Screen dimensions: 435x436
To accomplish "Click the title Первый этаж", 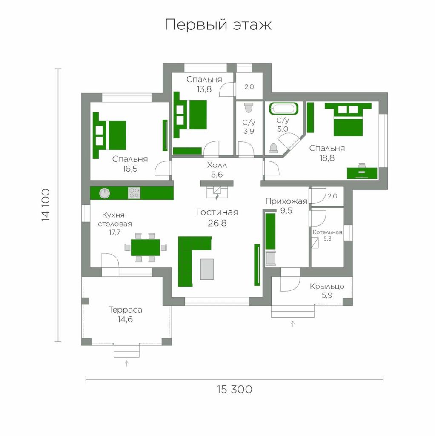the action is [x=218, y=25].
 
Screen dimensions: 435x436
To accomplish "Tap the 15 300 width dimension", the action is [x=235, y=389].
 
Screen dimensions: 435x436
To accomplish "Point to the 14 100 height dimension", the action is [x=46, y=205].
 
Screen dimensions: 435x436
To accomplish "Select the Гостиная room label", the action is [x=217, y=212].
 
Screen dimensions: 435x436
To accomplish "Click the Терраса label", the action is [x=125, y=310].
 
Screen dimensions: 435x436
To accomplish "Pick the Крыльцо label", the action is [x=327, y=287].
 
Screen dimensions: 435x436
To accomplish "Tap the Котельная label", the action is [x=327, y=232].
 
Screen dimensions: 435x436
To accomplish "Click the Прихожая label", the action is [x=286, y=201].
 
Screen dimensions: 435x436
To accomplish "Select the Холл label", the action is [x=217, y=165].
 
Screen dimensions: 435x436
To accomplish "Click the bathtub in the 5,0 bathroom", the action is [x=283, y=109].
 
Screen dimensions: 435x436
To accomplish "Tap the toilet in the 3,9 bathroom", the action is [x=249, y=108].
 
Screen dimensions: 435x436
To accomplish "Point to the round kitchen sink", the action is [x=105, y=193].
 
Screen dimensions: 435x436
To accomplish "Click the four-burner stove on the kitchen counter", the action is [x=134, y=193].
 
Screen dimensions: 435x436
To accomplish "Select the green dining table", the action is [x=146, y=247].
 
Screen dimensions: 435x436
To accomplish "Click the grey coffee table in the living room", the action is [x=207, y=269].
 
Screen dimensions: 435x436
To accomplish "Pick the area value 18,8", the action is [x=327, y=158].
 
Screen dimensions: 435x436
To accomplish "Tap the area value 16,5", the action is [x=130, y=169].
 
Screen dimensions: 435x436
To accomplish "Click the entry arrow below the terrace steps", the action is [x=127, y=363].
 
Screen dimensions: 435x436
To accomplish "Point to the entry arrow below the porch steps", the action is [x=293, y=324].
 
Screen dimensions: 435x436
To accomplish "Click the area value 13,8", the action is [x=204, y=89].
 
